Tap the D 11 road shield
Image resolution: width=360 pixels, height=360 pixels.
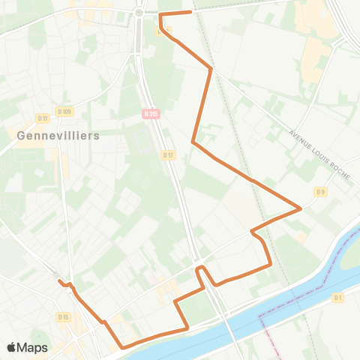click(42, 118)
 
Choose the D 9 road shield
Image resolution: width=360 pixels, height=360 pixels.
click(321, 192)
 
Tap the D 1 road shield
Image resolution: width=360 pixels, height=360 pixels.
click(337, 298)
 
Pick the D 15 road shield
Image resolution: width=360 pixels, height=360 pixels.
click(63, 317)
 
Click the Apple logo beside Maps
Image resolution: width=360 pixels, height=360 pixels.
click(11, 347)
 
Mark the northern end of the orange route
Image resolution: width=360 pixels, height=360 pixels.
click(191, 12)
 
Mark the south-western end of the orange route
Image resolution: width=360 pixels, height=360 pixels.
click(59, 281)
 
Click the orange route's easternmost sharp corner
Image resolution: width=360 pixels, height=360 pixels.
click(301, 208)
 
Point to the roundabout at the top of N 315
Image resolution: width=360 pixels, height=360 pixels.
click(139, 13)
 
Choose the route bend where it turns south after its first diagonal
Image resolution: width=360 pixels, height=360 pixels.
click(211, 69)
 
